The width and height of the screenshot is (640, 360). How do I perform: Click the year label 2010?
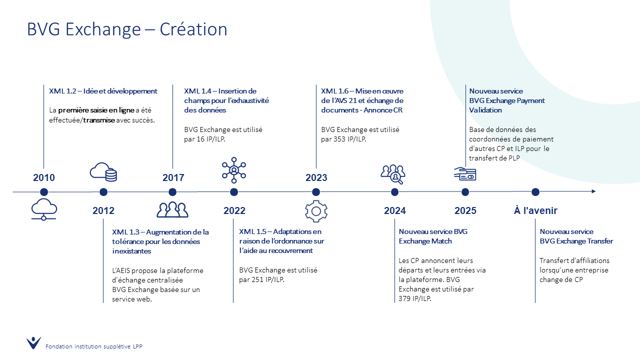[43, 177]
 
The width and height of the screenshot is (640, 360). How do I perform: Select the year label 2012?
[103, 210]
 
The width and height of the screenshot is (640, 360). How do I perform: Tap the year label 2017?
[173, 177]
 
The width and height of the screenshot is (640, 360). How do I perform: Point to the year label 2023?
[316, 177]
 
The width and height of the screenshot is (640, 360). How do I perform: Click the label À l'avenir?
[535, 210]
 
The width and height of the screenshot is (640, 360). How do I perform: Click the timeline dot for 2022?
[234, 192]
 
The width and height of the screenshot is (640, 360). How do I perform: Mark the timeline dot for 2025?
[465, 192]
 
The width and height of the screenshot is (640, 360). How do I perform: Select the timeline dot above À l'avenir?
[535, 192]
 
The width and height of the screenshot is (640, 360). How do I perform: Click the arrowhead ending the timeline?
[593, 191]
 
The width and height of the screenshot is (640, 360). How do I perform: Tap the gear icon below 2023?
[316, 211]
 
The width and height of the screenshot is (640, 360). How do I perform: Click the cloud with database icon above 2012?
[103, 172]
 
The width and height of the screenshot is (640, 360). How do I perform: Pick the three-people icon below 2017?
[172, 209]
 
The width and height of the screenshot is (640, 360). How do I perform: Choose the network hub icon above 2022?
[234, 170]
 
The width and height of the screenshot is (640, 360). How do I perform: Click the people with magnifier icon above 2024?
[393, 174]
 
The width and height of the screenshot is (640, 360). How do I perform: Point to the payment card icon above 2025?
[465, 174]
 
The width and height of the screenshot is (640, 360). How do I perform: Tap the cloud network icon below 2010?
[44, 209]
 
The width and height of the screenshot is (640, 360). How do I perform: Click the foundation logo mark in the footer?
[33, 343]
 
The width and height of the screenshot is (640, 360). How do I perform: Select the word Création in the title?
[193, 29]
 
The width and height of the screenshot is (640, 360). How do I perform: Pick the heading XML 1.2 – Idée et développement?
[103, 91]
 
